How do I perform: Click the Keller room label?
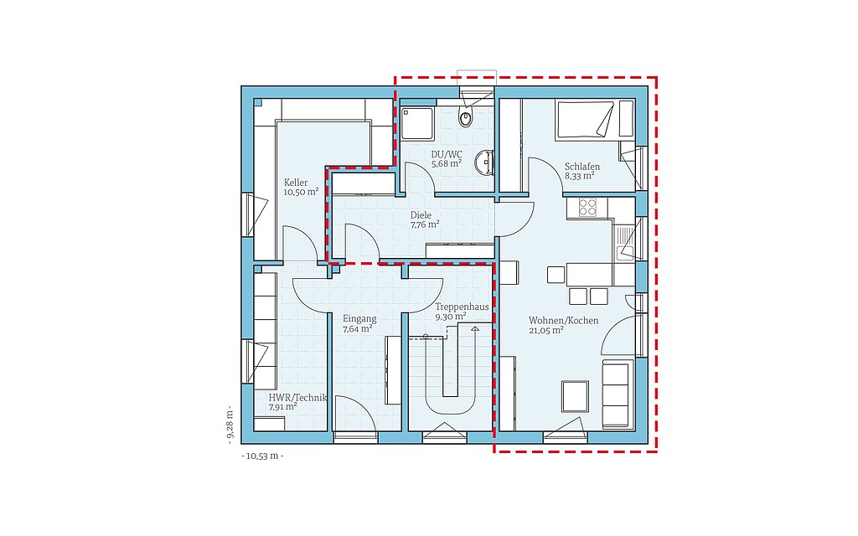pyautogui.click(x=296, y=182)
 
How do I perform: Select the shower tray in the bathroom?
pyautogui.click(x=417, y=123)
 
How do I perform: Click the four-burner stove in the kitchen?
pyautogui.click(x=588, y=208)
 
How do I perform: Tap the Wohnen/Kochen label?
pyautogui.click(x=564, y=321)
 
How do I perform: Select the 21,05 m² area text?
pyautogui.click(x=546, y=330)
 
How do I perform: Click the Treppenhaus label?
pyautogui.click(x=462, y=307)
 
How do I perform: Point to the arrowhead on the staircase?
pyautogui.click(x=474, y=328)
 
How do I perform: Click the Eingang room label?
pyautogui.click(x=359, y=319)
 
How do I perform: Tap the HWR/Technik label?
pyautogui.click(x=297, y=398)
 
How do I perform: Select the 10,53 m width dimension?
pyautogui.click(x=262, y=456)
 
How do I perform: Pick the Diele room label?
pyautogui.click(x=421, y=215)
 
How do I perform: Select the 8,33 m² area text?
pyautogui.click(x=580, y=176)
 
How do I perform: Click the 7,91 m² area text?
pyautogui.click(x=283, y=408)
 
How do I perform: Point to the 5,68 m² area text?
pyautogui.click(x=447, y=163)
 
